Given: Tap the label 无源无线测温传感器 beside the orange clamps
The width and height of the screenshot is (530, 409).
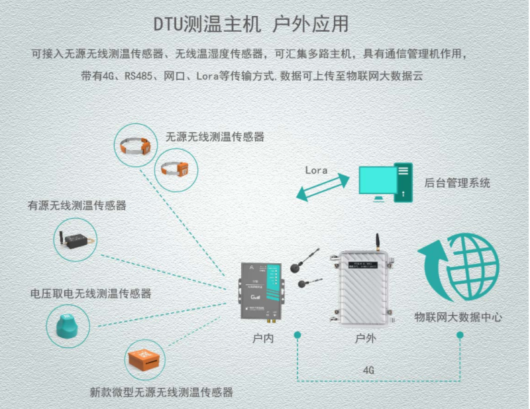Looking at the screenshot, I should pos(215,137).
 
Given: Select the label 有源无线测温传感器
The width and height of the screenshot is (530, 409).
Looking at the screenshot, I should pos(77,205).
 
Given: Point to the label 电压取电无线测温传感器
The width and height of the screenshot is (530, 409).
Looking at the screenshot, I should pos(91,293).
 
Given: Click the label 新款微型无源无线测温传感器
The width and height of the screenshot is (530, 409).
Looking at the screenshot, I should pos(162,392).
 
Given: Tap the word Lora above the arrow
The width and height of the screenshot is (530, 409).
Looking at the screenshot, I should pos(316,170).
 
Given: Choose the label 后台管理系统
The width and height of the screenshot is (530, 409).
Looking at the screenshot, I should pos(458,182).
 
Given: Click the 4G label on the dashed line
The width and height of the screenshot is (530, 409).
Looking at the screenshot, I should pos(368,370).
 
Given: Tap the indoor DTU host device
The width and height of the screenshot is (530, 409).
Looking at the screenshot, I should pos(262,290).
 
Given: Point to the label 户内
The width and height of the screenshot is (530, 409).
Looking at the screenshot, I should pos(263,338).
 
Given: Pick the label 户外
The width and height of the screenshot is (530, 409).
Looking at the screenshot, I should pos(365,338).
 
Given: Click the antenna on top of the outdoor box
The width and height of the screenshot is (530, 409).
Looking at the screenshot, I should pos(375,241).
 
